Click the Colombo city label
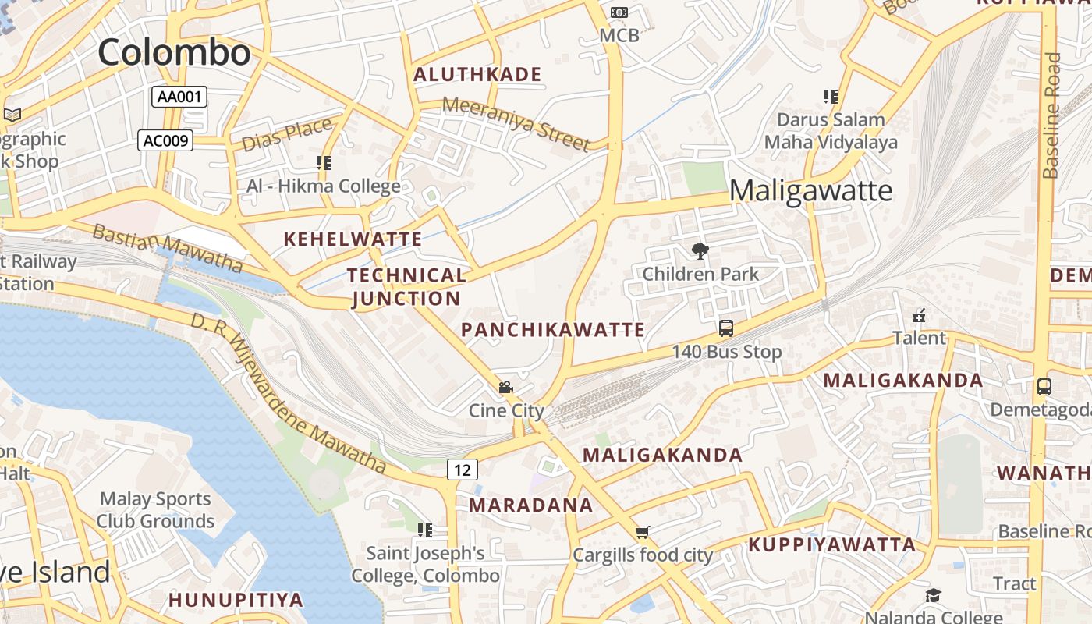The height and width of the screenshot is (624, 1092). coord(174,52)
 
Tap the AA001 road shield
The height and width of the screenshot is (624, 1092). coord(179,97)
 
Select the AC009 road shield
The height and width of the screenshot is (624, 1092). coord(165,140)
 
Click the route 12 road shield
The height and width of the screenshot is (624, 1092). coord(463,470)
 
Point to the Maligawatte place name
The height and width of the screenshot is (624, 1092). coord(810,190)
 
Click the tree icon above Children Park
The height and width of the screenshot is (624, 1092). coord(700,251)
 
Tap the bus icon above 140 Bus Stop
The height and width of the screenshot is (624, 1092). coord(726,328)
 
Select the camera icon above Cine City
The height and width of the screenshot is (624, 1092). coord(505,387)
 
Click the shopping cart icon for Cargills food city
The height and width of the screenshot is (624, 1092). coord(643,533)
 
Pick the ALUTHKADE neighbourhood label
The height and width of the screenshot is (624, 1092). coord(477,75)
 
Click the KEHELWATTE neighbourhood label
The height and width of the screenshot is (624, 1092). coord(353,239)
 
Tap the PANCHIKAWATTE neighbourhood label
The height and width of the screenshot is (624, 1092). coord(553,330)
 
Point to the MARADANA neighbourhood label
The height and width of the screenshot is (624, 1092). coord(531,505)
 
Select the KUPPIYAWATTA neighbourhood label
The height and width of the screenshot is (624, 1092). coord(832,544)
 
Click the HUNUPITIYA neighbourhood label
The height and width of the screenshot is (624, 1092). coord(236,600)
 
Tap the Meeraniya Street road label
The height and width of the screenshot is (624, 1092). coord(516,123)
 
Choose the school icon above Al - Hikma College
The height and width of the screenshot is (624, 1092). coord(324,163)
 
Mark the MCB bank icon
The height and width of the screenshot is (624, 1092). coord(619,12)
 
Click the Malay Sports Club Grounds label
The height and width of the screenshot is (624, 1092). coord(156,510)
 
